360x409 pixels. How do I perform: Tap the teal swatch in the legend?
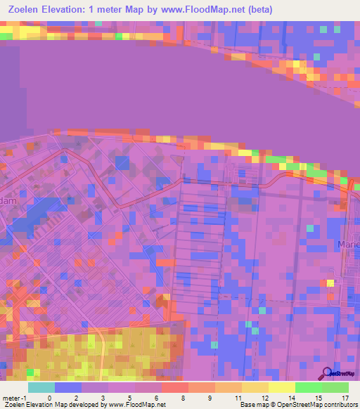point(41,387)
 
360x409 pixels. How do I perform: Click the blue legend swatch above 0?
point(67,387)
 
